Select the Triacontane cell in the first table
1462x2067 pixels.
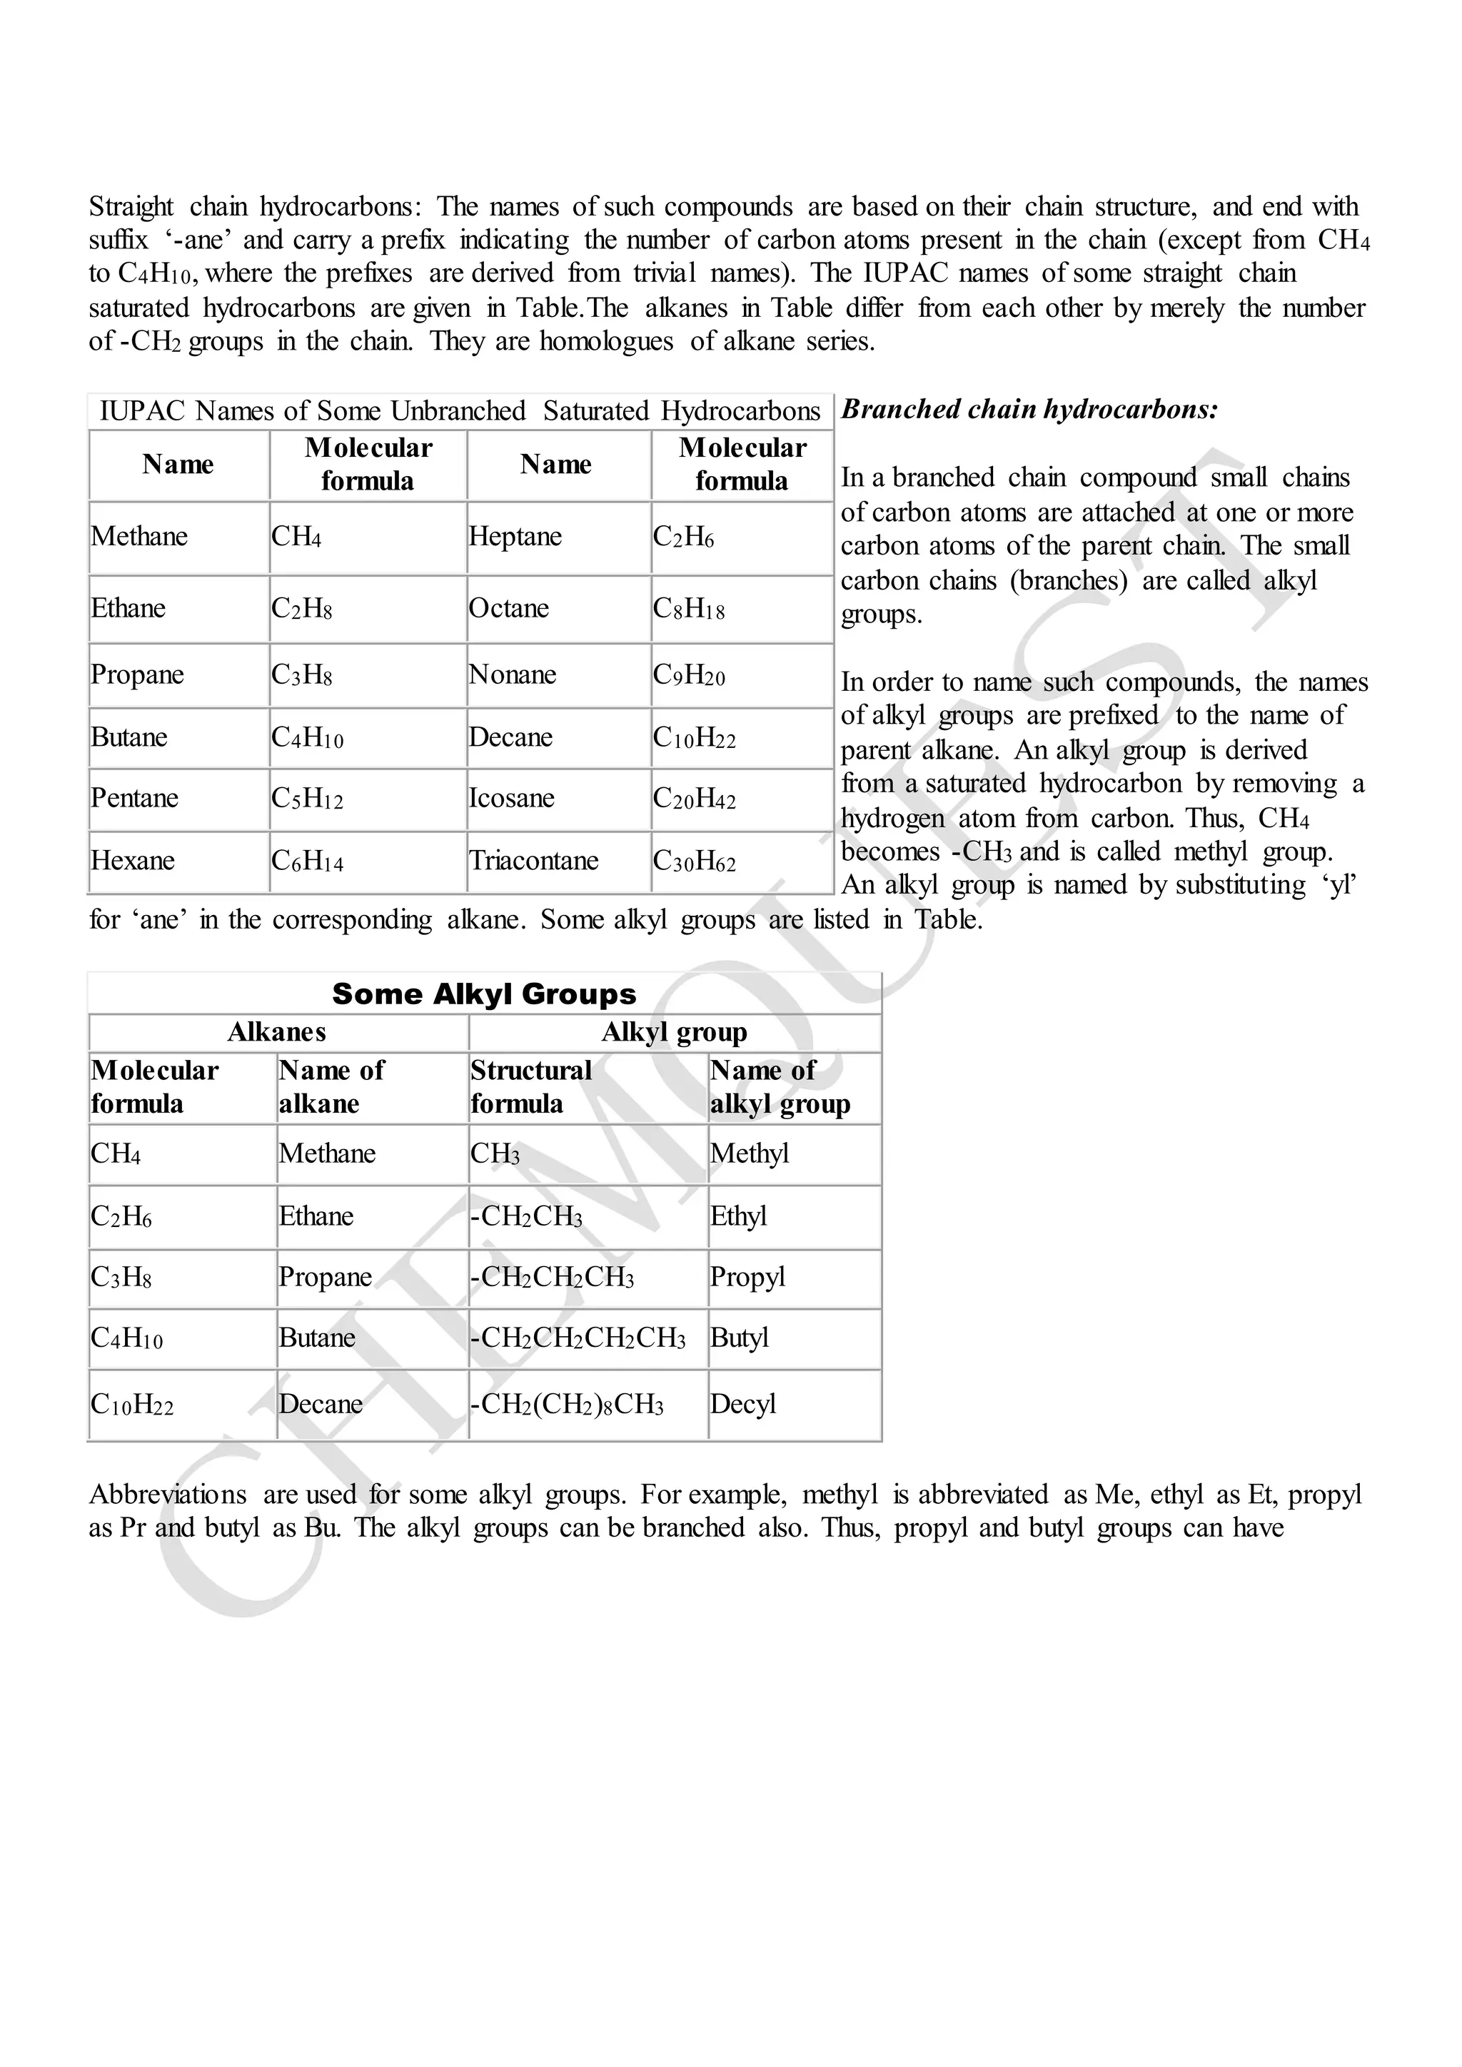tap(533, 861)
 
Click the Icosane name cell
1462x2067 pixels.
tap(511, 798)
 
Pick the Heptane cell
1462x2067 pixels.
tap(515, 537)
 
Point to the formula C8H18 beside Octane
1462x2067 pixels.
tap(689, 609)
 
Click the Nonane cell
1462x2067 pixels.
tap(513, 674)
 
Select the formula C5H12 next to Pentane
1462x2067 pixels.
tap(307, 799)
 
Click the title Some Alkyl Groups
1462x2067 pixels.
tap(483, 994)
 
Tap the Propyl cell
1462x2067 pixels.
tap(747, 1277)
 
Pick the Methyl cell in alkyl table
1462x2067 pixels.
tap(749, 1153)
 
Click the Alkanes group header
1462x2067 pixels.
tap(276, 1031)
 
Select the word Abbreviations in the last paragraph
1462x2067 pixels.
tap(168, 1495)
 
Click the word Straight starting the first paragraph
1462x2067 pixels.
tap(131, 207)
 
